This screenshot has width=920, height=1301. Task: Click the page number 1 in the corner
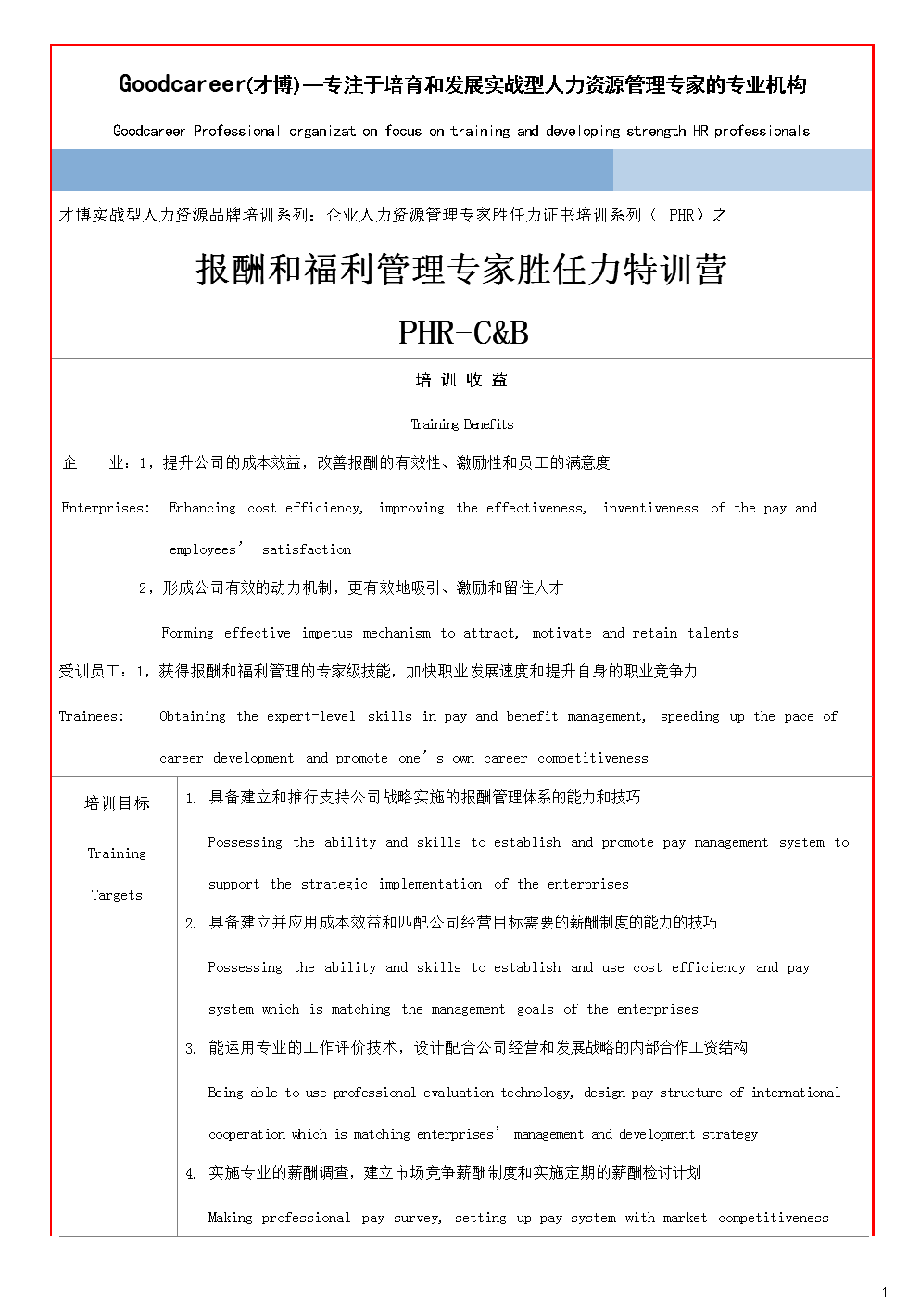[x=885, y=1292]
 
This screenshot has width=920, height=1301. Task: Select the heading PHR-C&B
[x=463, y=332]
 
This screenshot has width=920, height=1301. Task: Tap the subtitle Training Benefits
[x=462, y=424]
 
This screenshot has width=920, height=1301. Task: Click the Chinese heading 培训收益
[x=461, y=380]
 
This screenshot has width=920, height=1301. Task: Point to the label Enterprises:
[x=106, y=508]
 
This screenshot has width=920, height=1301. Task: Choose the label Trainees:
[x=92, y=716]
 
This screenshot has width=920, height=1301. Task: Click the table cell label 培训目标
[x=117, y=803]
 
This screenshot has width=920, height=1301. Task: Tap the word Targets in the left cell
[x=117, y=895]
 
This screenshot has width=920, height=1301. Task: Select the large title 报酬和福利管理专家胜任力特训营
[x=461, y=271]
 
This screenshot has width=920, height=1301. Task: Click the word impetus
[x=327, y=633]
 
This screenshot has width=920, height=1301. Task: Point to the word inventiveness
[x=650, y=508]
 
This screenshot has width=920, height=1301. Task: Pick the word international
[x=796, y=1093]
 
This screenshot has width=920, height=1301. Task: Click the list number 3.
[x=190, y=1049]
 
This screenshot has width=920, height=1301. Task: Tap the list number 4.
[x=190, y=1174]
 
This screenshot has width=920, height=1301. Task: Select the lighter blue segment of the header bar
[x=742, y=171]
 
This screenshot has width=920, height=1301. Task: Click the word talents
[x=713, y=633]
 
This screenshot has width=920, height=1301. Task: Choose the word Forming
[x=187, y=633]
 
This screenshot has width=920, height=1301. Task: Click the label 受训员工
[x=92, y=671]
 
